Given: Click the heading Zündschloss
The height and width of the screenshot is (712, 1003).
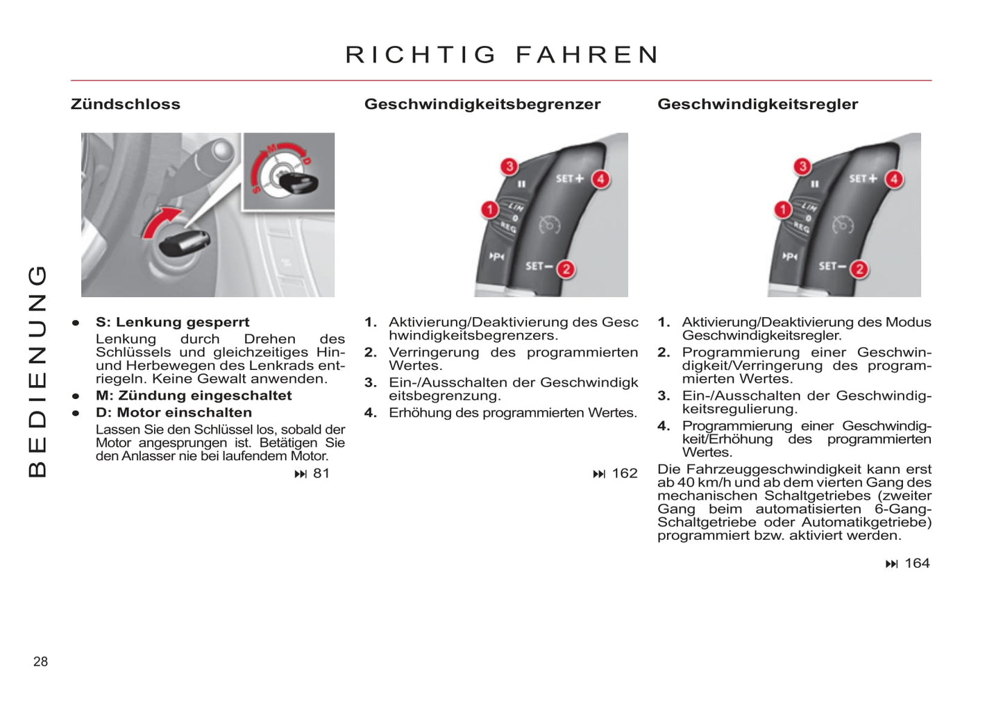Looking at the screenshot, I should pyautogui.click(x=126, y=104).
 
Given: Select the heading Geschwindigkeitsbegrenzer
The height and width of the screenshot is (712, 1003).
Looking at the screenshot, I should pyautogui.click(x=482, y=104).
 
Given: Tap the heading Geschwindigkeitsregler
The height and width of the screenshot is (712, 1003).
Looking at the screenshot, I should pyautogui.click(x=757, y=104).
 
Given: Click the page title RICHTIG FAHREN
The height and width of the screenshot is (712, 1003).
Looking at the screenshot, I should pyautogui.click(x=502, y=55).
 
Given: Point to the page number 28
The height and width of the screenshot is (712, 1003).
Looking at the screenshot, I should pyautogui.click(x=41, y=661).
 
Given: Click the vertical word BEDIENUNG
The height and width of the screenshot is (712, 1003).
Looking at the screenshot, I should pyautogui.click(x=37, y=371).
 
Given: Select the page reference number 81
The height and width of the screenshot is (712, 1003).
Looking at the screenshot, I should pyautogui.click(x=321, y=473).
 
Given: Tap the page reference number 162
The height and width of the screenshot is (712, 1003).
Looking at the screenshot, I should pyautogui.click(x=624, y=473).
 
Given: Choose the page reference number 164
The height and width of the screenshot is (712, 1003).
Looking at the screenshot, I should pyautogui.click(x=917, y=563).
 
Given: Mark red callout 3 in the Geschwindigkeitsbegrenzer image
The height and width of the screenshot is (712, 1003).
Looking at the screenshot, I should pyautogui.click(x=509, y=166).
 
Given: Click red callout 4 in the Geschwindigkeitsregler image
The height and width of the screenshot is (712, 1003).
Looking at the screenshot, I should pyautogui.click(x=894, y=179).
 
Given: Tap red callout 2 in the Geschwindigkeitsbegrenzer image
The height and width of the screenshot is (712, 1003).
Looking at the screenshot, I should pyautogui.click(x=566, y=269).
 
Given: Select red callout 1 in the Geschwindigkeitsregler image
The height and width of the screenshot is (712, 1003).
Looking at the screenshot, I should pyautogui.click(x=783, y=209).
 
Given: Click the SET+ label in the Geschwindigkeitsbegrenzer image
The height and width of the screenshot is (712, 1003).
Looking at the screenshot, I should pyautogui.click(x=570, y=178).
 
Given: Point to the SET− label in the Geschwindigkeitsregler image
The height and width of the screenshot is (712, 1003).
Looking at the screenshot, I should pyautogui.click(x=832, y=266).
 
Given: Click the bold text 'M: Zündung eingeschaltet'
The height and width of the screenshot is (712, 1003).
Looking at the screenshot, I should pyautogui.click(x=194, y=396).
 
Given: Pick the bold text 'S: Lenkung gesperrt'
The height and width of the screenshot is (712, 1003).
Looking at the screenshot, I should pyautogui.click(x=172, y=322).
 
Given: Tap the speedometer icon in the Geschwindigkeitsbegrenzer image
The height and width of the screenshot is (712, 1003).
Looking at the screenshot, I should pyautogui.click(x=549, y=224).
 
